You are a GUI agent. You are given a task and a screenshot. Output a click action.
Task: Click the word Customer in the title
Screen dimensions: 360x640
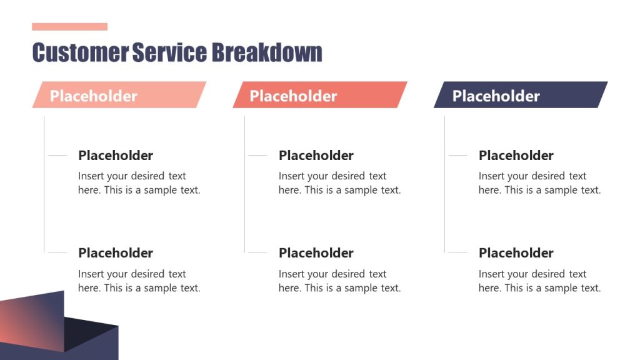[80, 52]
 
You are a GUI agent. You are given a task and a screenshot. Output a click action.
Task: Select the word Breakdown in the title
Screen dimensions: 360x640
[267, 52]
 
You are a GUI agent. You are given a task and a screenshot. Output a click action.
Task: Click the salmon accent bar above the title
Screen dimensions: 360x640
[69, 27]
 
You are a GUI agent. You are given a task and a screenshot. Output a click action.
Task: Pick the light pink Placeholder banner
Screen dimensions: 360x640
[119, 95]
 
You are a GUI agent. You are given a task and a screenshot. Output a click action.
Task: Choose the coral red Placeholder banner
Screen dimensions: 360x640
[319, 95]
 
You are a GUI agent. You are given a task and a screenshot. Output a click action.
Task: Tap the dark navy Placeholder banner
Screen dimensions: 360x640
[520, 95]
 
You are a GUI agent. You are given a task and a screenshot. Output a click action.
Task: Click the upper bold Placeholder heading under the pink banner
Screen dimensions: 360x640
[116, 156]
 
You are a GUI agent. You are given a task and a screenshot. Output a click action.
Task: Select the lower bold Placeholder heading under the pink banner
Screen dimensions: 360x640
[116, 253]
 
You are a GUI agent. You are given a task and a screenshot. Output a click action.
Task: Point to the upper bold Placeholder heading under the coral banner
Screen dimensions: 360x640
[316, 156]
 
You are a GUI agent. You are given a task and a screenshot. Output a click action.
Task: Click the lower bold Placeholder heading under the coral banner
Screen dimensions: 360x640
[316, 253]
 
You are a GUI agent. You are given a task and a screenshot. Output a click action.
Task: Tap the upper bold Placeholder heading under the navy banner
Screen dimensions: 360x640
[516, 156]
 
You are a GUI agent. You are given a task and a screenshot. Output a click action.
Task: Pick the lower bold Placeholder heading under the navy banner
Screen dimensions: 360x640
[516, 253]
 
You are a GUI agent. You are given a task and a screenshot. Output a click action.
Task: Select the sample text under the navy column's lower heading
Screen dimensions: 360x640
[539, 281]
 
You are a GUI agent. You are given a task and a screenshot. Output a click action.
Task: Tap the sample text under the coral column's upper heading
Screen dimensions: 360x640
[339, 183]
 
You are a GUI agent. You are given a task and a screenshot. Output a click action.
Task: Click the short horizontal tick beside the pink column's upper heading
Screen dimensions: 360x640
[57, 156]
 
